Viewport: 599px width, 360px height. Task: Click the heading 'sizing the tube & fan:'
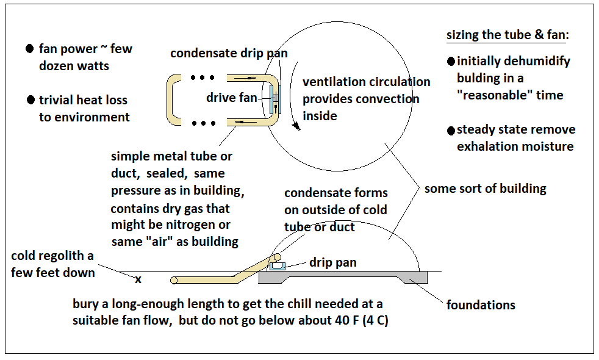click(x=508, y=35)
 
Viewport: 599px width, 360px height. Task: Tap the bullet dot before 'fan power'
click(x=29, y=49)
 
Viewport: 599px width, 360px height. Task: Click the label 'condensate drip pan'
click(x=229, y=53)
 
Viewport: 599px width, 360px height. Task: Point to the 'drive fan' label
click(x=232, y=98)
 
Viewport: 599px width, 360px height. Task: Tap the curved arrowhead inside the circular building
click(x=297, y=127)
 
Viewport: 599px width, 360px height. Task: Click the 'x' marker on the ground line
click(x=138, y=279)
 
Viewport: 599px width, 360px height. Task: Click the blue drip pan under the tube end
click(x=279, y=267)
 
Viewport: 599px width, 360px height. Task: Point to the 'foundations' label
click(x=481, y=304)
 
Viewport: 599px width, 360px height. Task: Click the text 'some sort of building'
click(x=485, y=189)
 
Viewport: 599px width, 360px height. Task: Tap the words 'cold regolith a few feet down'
click(x=52, y=264)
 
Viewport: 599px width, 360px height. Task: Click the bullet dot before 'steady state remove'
click(x=451, y=130)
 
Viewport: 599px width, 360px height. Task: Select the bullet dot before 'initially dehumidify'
click(x=451, y=61)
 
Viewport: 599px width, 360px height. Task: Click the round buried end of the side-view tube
click(x=174, y=281)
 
